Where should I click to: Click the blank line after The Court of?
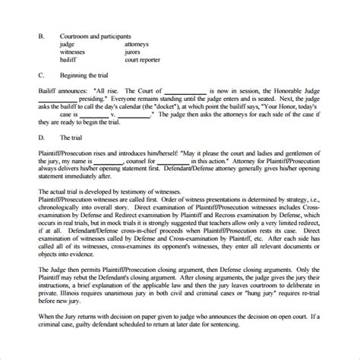[167, 90]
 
